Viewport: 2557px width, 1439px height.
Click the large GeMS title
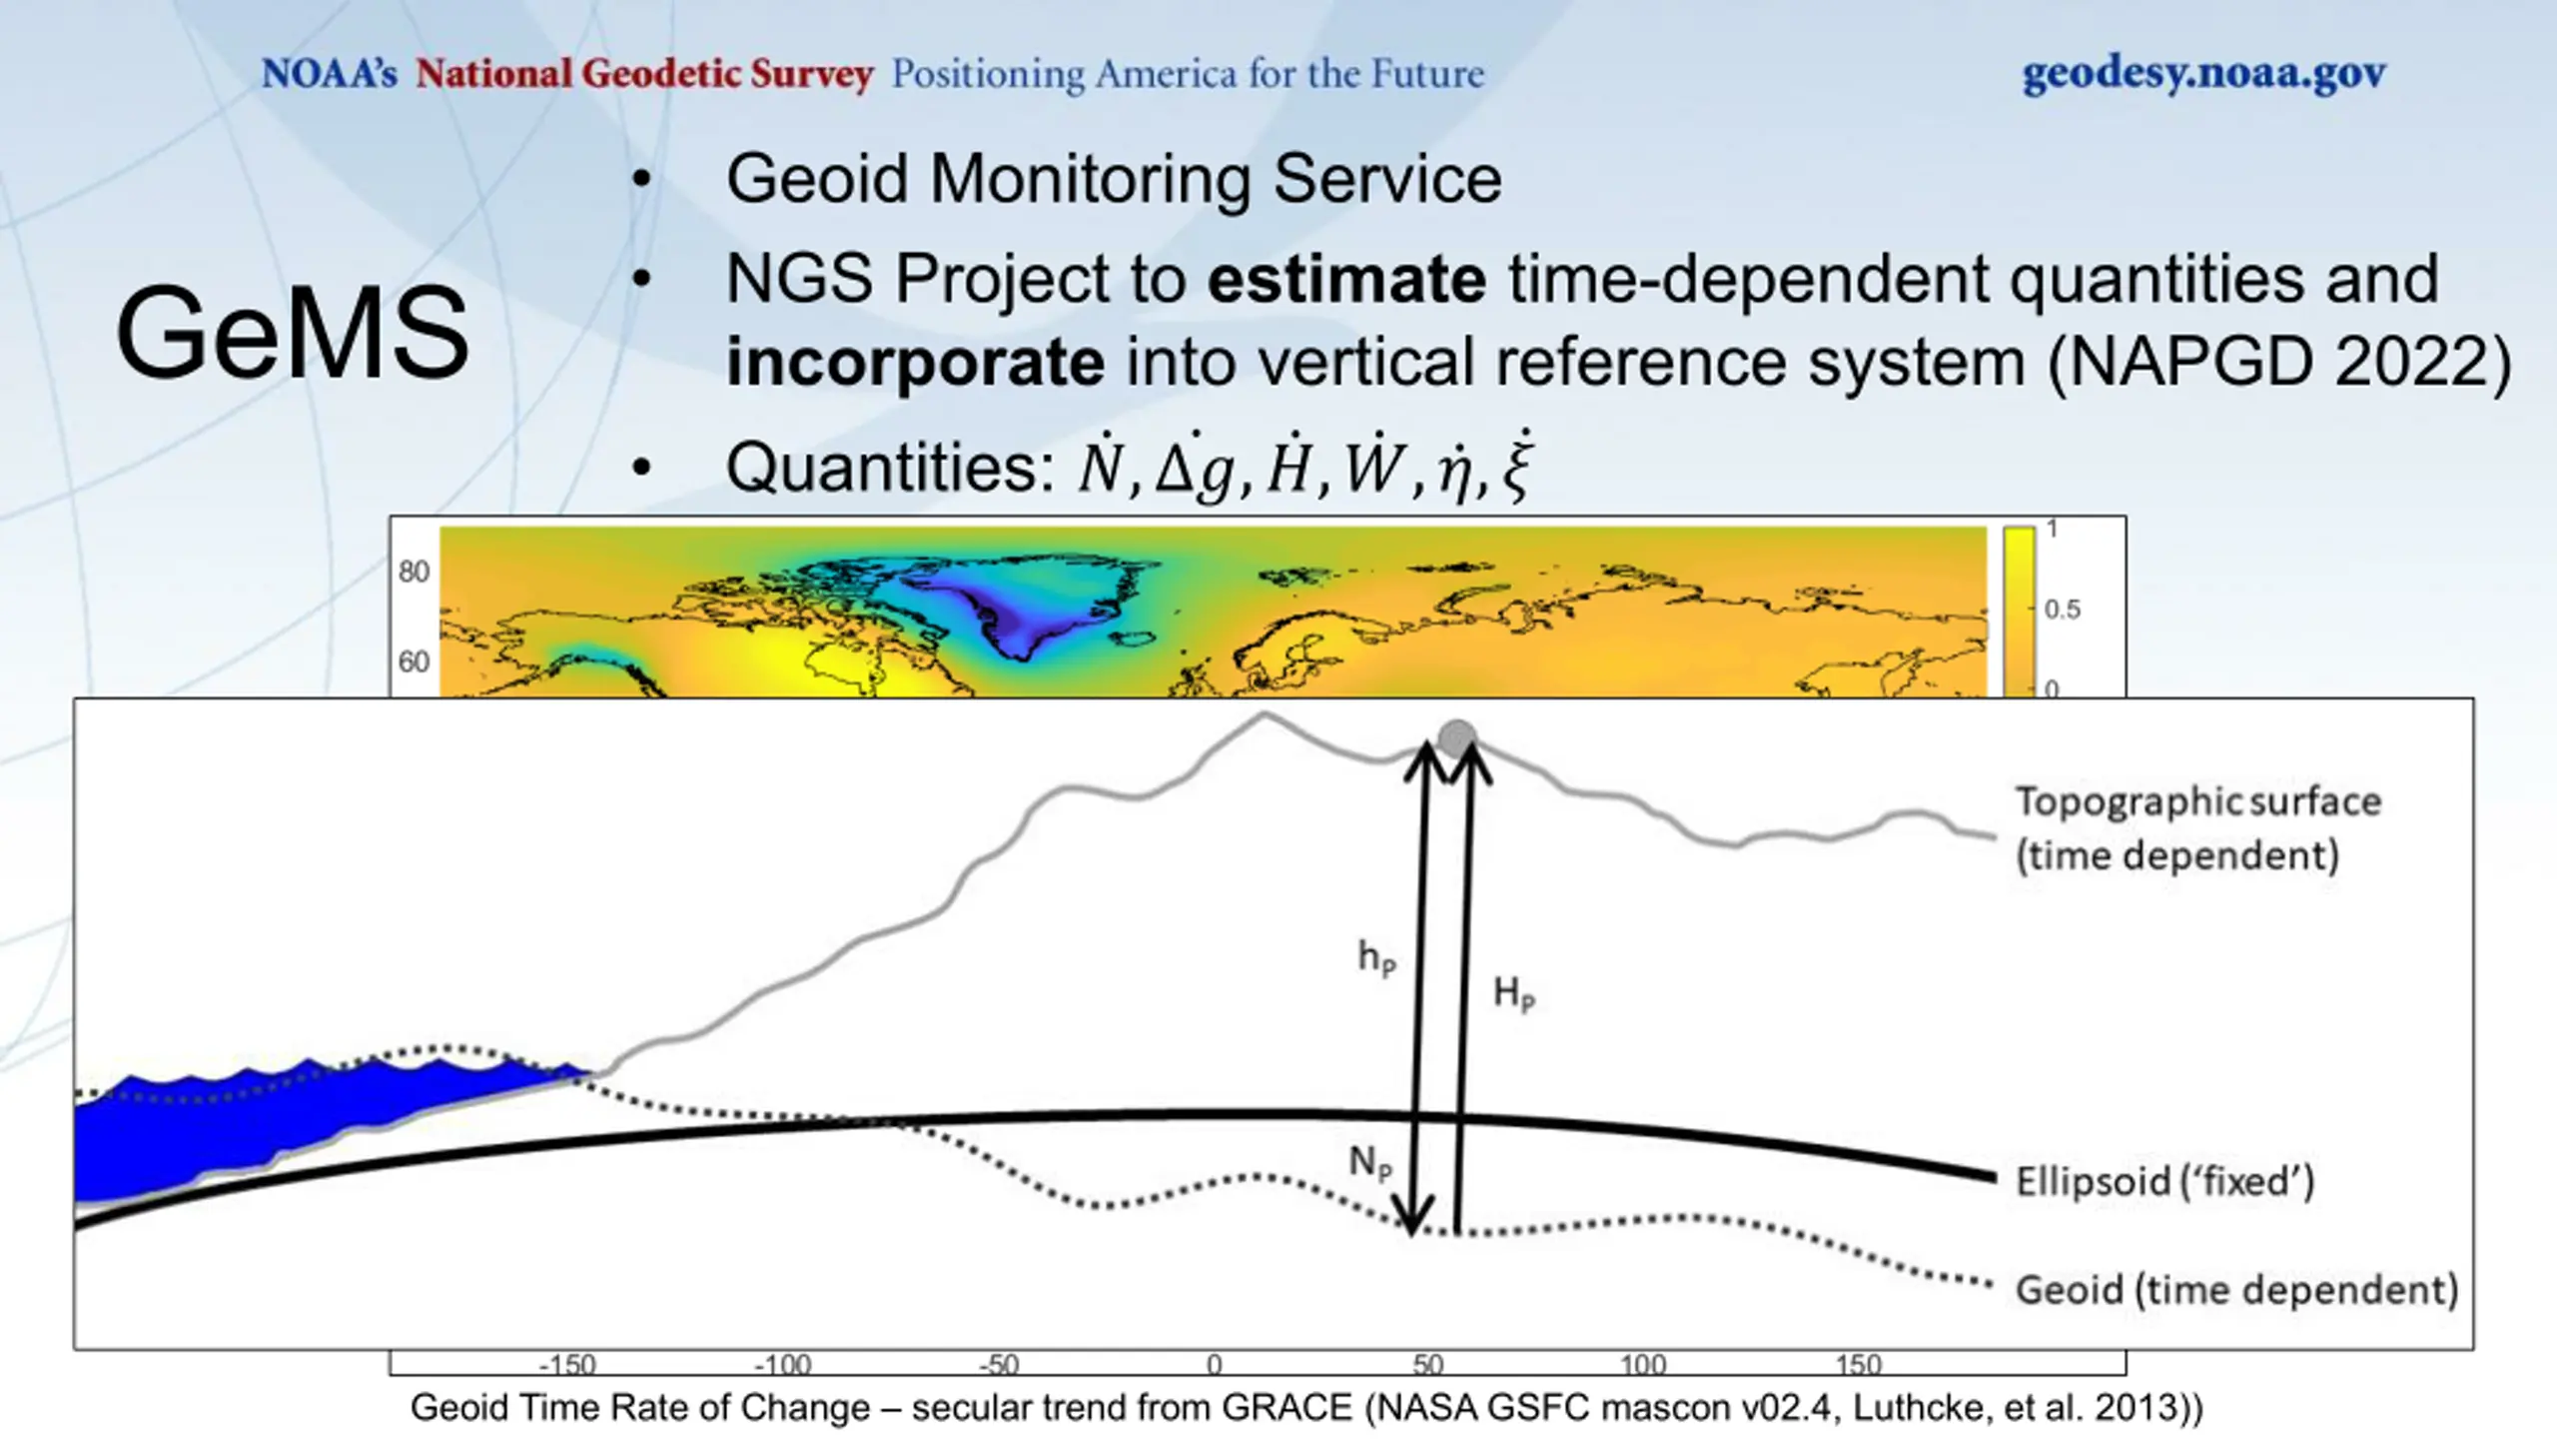tap(292, 333)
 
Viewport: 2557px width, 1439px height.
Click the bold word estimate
tap(1346, 279)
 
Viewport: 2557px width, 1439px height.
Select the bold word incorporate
tap(915, 362)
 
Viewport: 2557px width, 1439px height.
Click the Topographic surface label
tap(2197, 828)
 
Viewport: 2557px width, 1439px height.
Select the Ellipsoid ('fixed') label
tap(2164, 1181)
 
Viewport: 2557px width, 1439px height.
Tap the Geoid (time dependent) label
tap(2236, 1290)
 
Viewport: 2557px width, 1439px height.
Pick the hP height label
tap(1376, 957)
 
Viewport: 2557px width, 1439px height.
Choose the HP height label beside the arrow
tap(1513, 993)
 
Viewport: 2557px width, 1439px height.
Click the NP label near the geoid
tap(1369, 1163)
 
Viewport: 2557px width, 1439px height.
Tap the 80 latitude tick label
tap(414, 572)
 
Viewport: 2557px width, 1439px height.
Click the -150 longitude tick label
tap(567, 1364)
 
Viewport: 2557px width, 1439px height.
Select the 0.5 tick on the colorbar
tap(2063, 609)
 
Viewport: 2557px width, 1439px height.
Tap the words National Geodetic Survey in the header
tap(644, 74)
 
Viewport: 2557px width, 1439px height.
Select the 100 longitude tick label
tap(1643, 1364)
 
